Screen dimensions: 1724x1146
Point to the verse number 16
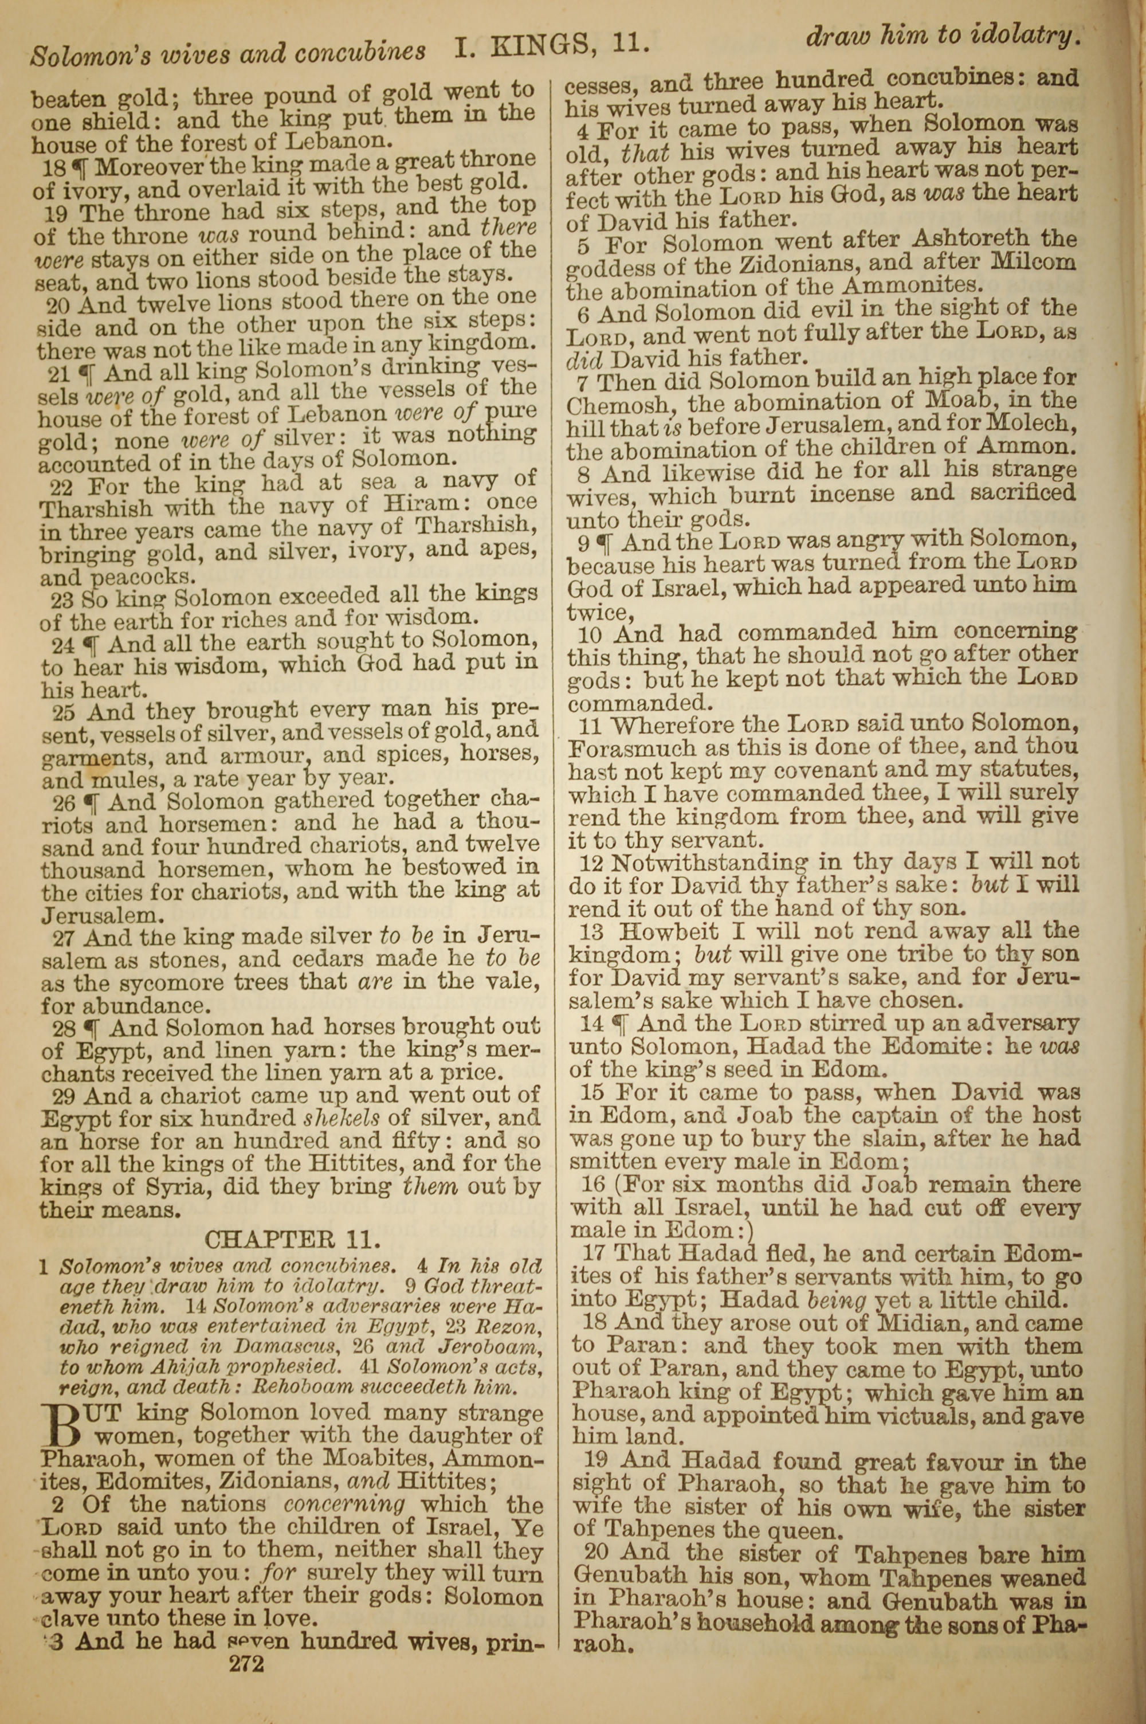point(594,1185)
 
